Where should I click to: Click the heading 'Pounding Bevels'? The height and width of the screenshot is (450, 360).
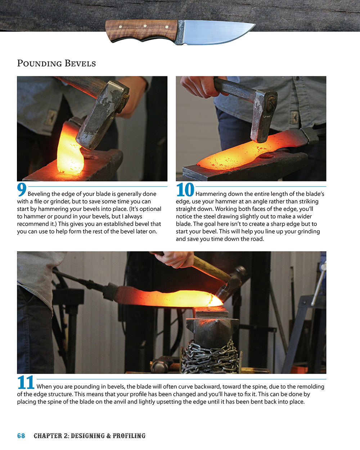(57, 64)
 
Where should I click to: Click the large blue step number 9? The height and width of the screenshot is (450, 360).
(22, 190)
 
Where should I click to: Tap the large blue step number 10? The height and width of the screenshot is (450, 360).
(185, 190)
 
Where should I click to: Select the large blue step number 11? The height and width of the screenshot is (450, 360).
(26, 383)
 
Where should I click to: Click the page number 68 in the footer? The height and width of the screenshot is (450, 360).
(21, 436)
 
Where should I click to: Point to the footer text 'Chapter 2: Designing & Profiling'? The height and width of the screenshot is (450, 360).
(90, 436)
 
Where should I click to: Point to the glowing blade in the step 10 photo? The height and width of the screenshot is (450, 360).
(245, 151)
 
